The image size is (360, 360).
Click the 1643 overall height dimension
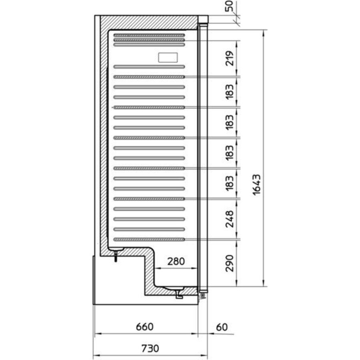point(257,185)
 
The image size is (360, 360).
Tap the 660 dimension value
point(144,327)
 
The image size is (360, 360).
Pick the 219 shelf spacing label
point(230,58)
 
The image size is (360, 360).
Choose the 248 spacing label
point(230,218)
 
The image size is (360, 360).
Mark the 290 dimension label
point(230,263)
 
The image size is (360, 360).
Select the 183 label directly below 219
point(230,92)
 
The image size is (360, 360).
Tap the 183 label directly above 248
point(230,183)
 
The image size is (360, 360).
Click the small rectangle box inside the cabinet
point(168,58)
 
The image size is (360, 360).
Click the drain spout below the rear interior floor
point(115,256)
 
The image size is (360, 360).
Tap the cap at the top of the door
point(203,19)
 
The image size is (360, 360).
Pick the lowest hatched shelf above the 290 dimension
point(149,239)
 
